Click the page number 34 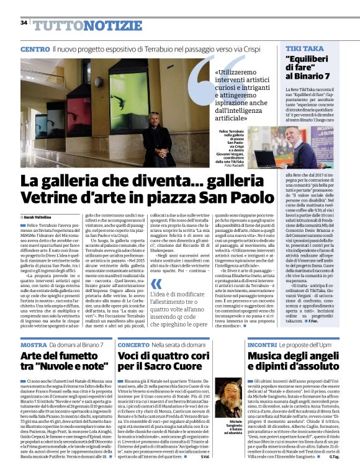click(24, 22)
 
